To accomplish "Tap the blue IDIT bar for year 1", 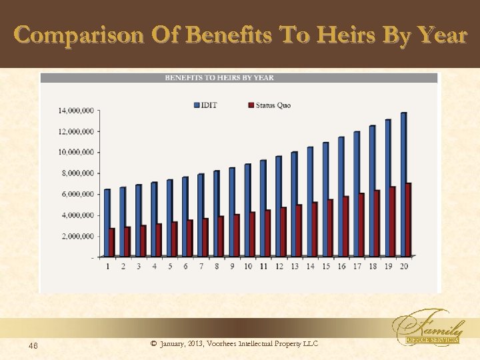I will click(x=107, y=223).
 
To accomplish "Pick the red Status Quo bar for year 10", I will click(x=253, y=234).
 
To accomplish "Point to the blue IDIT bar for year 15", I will click(x=325, y=199).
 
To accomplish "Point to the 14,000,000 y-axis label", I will click(x=77, y=110).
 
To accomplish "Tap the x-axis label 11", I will click(x=264, y=267).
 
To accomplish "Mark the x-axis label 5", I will click(x=170, y=267).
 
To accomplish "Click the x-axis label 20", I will click(x=405, y=267).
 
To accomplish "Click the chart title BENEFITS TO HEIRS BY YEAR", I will click(x=219, y=77).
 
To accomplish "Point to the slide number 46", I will click(x=33, y=344).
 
